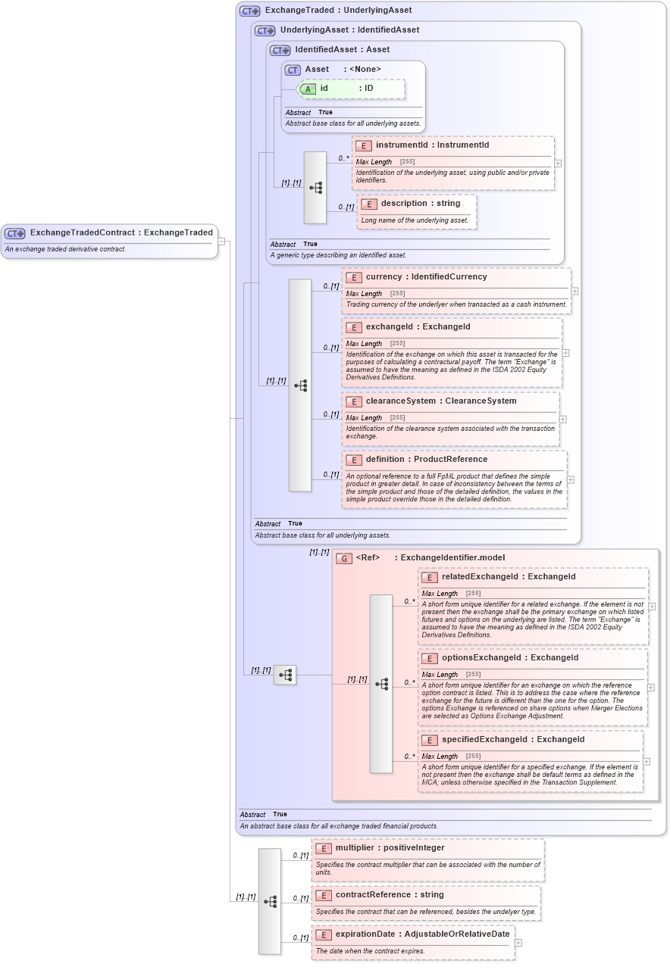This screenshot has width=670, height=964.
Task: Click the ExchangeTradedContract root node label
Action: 121,232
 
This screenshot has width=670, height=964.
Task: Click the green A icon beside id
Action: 308,89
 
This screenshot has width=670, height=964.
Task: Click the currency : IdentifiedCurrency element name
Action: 426,276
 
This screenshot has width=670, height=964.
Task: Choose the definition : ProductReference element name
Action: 426,459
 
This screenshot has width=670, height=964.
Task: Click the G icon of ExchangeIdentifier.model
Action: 344,558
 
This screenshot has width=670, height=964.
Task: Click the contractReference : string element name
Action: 389,894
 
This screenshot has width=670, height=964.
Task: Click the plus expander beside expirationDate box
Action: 518,943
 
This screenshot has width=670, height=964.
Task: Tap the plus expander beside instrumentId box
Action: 558,163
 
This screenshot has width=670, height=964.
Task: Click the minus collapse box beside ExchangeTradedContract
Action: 221,241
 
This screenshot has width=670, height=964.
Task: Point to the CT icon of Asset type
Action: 293,70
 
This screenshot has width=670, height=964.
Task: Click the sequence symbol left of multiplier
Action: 270,901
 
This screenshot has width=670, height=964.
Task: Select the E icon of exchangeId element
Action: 353,327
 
